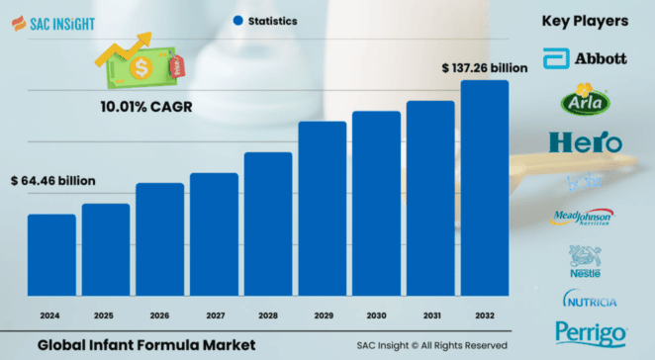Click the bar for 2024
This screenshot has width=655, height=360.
[x=51, y=254]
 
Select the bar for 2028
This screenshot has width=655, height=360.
[x=268, y=224]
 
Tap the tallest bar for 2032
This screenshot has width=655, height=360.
[x=485, y=187]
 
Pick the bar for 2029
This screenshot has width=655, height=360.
[x=323, y=208]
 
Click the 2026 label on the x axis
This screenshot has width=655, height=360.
[x=159, y=315]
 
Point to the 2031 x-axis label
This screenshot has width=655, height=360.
[x=430, y=315]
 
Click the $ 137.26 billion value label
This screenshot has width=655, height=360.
[x=485, y=67]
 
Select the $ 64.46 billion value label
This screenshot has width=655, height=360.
[x=52, y=181]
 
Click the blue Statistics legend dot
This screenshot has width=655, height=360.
[x=237, y=20]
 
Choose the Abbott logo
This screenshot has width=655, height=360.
[x=585, y=57]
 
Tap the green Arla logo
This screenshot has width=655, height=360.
[x=585, y=99]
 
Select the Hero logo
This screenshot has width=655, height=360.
[x=585, y=141]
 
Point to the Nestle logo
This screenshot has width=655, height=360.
[x=584, y=261]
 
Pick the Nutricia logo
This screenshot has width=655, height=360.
[x=590, y=299]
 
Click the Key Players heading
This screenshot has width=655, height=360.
[x=585, y=20]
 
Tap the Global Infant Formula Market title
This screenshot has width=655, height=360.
[x=146, y=343]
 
